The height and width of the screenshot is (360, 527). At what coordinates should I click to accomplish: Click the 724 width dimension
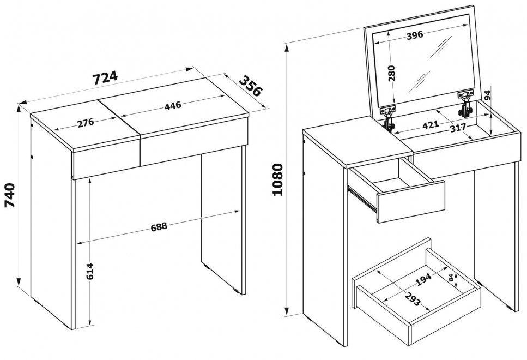pyautogui.click(x=105, y=77)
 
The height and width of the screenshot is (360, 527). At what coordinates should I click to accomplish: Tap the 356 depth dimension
pyautogui.click(x=250, y=86)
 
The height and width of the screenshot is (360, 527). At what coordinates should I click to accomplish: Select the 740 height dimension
pyautogui.click(x=10, y=195)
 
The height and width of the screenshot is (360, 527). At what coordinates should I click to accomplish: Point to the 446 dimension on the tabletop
pyautogui.click(x=173, y=106)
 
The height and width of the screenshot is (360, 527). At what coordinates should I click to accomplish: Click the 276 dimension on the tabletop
pyautogui.click(x=86, y=123)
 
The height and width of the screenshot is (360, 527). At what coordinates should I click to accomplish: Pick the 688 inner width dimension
pyautogui.click(x=159, y=226)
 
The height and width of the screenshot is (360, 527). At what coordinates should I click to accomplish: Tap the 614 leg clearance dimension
pyautogui.click(x=89, y=271)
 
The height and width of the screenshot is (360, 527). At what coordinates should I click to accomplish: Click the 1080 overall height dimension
pyautogui.click(x=278, y=179)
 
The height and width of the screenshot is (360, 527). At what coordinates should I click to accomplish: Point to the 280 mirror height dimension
pyautogui.click(x=391, y=73)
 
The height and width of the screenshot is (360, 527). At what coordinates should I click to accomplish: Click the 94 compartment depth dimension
pyautogui.click(x=488, y=96)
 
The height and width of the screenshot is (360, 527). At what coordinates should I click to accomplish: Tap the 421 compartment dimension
pyautogui.click(x=431, y=124)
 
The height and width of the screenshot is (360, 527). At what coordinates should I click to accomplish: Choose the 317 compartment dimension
pyautogui.click(x=458, y=127)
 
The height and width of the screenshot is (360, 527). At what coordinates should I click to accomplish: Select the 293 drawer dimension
pyautogui.click(x=413, y=299)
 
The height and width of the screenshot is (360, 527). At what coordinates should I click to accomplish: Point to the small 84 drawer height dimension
pyautogui.click(x=451, y=278)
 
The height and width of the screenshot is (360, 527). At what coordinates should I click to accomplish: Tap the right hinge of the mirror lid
pyautogui.click(x=465, y=104)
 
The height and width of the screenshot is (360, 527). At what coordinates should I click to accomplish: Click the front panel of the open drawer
pyautogui.click(x=411, y=201)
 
